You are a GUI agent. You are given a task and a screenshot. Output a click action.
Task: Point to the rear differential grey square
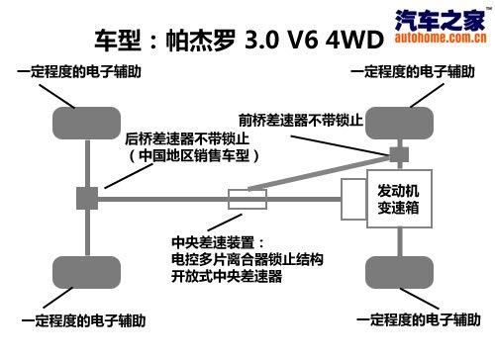(x=86, y=198)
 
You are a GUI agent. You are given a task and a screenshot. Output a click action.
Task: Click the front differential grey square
(x=399, y=154)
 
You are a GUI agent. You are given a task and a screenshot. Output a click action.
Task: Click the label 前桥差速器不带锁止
(x=305, y=121)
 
